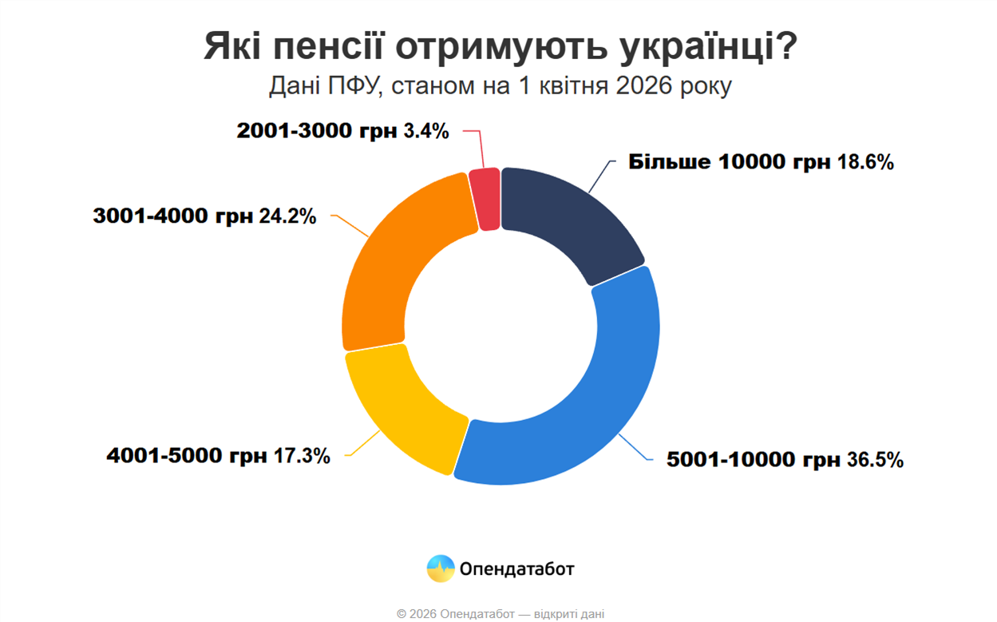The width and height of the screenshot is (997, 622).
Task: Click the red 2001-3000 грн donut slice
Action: [485, 199]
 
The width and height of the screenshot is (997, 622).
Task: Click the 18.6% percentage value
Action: [865, 162]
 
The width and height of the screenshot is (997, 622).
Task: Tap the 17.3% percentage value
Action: [302, 457]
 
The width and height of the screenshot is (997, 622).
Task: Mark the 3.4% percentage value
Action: [426, 131]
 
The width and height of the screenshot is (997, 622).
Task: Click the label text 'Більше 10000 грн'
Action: [730, 162]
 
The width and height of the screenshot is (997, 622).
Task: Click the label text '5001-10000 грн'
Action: [754, 460]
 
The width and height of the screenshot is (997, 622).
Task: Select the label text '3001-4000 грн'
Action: [173, 216]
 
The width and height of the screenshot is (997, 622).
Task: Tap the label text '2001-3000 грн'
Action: [317, 131]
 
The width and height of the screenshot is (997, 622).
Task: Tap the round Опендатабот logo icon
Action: [441, 569]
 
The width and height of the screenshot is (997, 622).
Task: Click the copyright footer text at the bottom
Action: [500, 614]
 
